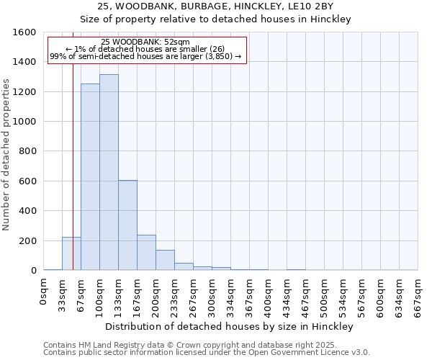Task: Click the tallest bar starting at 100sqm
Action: (x=109, y=173)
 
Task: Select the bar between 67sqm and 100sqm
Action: (x=90, y=177)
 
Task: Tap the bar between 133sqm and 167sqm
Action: (x=127, y=225)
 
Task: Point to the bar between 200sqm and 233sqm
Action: (x=165, y=260)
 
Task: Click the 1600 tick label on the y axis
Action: (x=24, y=32)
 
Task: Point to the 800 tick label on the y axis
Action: (x=27, y=151)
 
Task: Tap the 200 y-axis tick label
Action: (x=27, y=240)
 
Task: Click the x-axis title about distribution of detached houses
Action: (x=230, y=326)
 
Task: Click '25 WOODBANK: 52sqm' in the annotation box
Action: (x=145, y=42)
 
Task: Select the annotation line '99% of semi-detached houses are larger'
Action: (x=145, y=56)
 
